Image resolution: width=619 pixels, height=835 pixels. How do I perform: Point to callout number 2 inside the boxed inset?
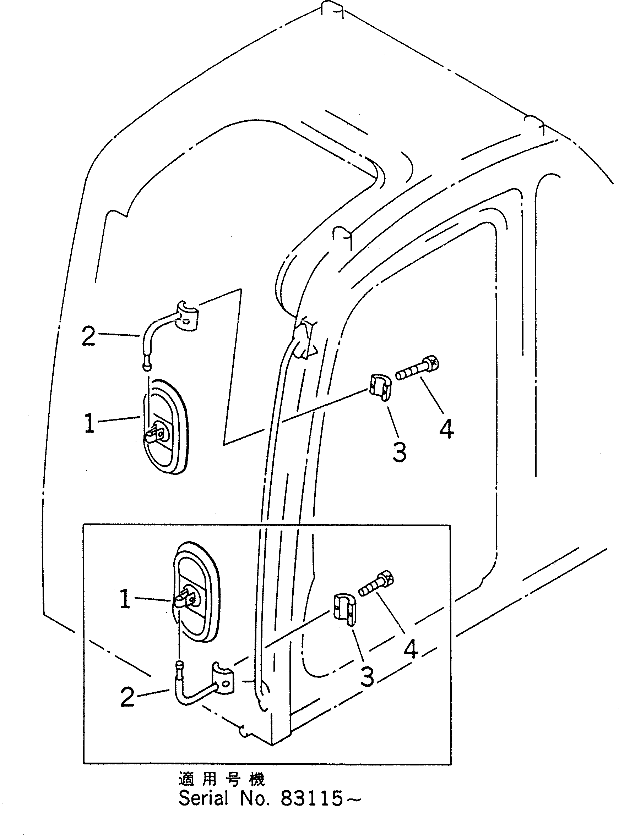127,697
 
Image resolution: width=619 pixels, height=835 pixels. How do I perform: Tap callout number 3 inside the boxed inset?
367,676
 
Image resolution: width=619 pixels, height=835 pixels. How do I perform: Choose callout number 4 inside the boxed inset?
411,649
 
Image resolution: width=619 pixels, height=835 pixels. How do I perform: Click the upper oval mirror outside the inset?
166,427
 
